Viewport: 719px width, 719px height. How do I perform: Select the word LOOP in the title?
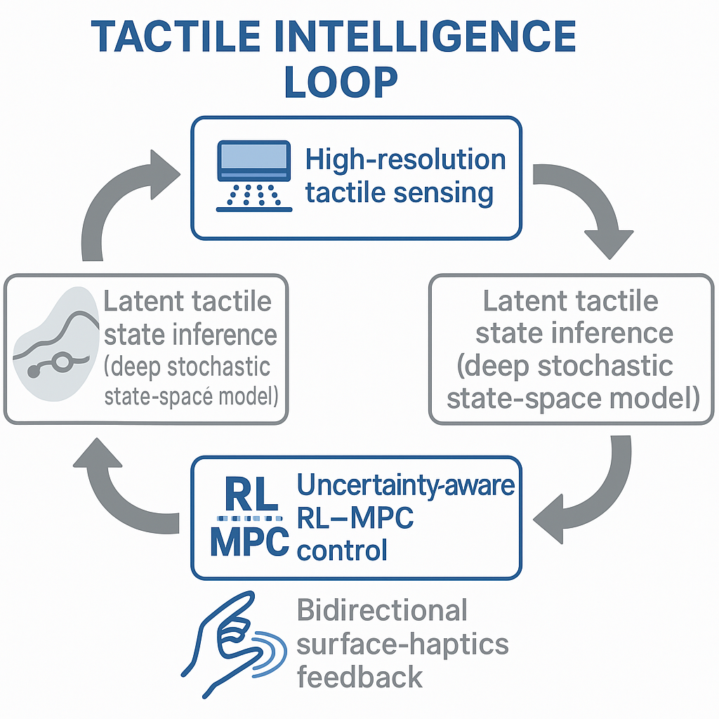[341, 82]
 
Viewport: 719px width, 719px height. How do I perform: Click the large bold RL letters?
[250, 495]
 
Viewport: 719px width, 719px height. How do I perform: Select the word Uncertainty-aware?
[406, 484]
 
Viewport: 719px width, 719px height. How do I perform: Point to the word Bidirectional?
[382, 609]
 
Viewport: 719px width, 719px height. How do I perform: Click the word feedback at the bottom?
[359, 677]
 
